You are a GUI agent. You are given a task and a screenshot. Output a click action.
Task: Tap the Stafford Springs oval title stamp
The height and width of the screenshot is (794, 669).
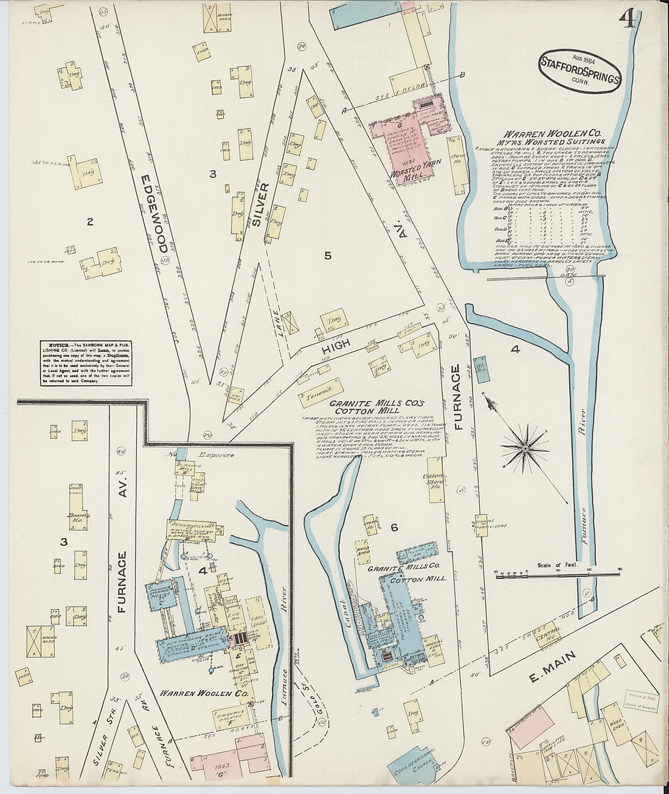click(580, 69)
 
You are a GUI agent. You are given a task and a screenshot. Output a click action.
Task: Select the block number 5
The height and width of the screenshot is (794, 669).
click(327, 256)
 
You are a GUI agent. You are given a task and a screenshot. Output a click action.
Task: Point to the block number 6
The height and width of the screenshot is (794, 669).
click(394, 528)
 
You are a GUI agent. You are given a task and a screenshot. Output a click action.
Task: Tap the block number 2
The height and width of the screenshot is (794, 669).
click(89, 222)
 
